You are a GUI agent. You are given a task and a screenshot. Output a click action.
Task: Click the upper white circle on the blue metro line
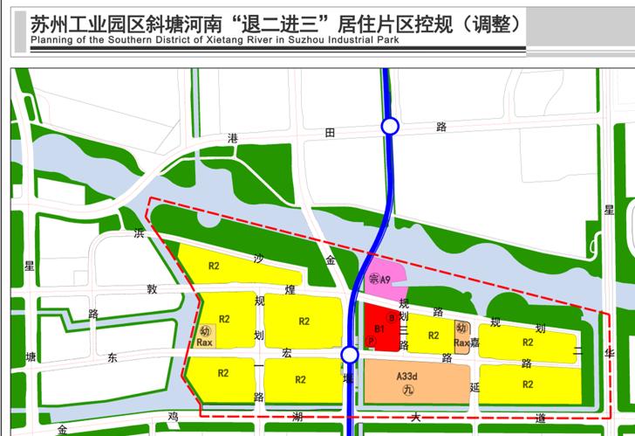(390, 127)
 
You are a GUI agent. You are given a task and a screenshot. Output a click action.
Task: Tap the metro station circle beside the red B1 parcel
(350, 355)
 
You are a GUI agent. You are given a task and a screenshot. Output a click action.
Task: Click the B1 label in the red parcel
(379, 329)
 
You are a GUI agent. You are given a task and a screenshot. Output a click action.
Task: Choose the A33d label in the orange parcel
(406, 377)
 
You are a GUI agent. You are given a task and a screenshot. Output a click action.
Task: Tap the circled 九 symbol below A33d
(406, 391)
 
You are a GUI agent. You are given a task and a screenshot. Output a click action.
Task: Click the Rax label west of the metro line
(205, 343)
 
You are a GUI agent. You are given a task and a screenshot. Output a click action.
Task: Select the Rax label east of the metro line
(461, 343)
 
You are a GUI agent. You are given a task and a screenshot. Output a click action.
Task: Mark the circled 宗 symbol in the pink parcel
(373, 280)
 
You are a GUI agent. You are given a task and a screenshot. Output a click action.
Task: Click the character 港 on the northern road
(232, 138)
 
